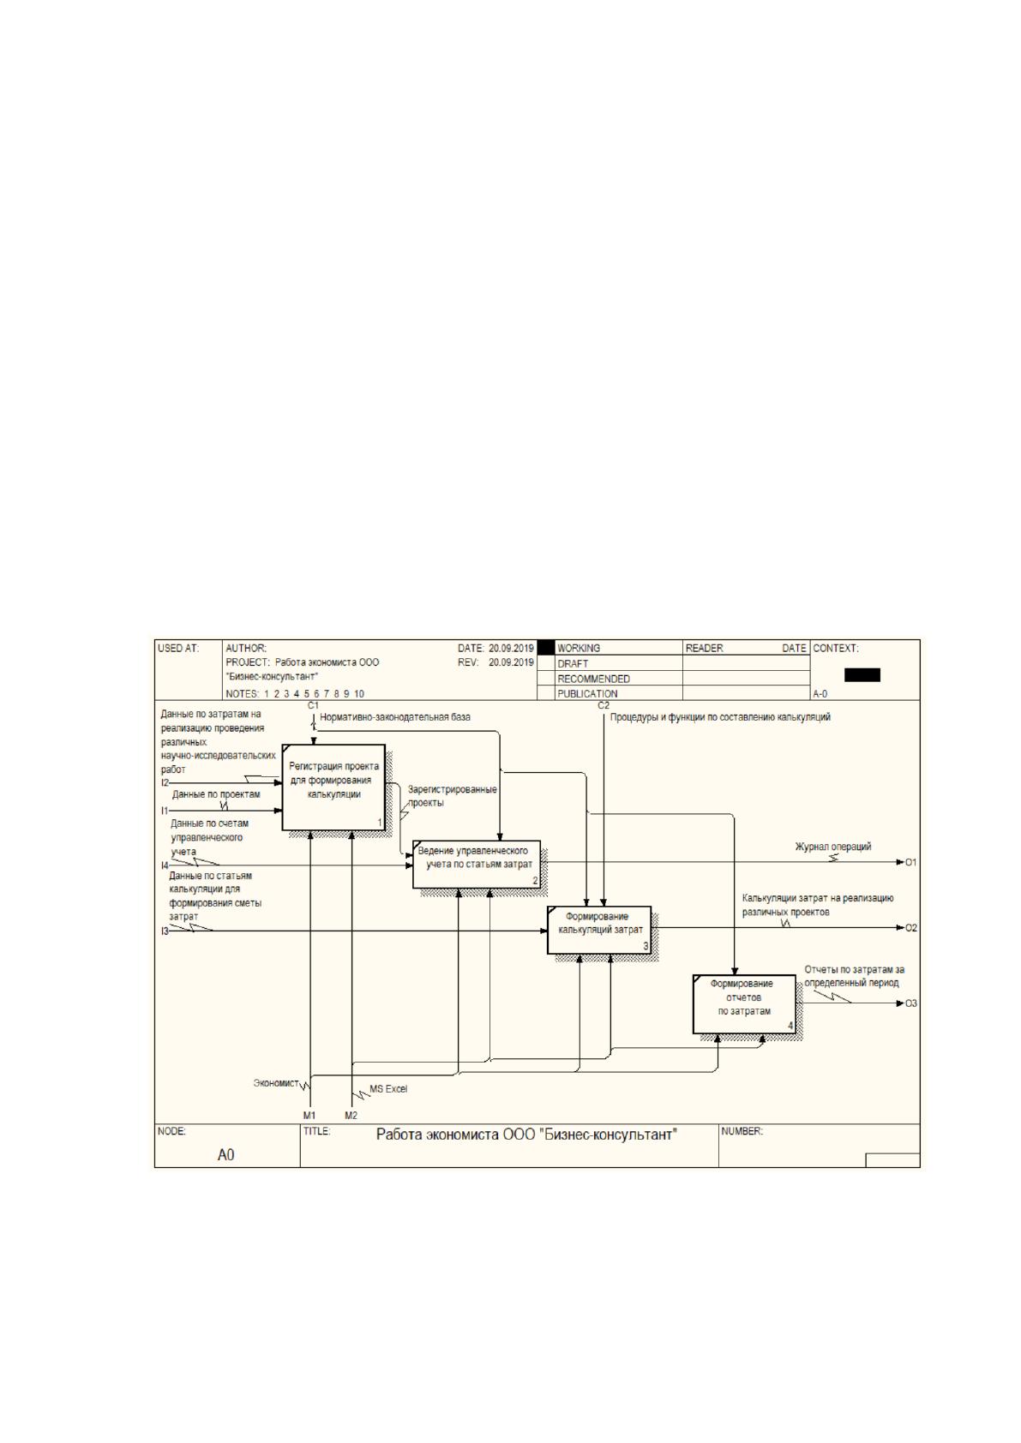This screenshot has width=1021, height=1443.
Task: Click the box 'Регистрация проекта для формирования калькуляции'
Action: click(333, 787)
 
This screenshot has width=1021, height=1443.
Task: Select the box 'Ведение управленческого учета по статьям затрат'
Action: click(477, 864)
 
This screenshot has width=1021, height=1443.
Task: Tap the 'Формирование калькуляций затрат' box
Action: click(599, 931)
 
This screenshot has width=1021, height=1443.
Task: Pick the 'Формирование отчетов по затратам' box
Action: click(744, 1004)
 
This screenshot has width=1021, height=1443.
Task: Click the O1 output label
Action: click(910, 862)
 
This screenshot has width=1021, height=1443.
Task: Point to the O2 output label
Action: click(910, 928)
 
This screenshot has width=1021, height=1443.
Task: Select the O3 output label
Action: click(910, 1003)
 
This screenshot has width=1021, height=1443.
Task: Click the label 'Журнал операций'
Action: click(832, 847)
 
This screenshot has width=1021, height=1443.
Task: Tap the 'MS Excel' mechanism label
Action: click(388, 1089)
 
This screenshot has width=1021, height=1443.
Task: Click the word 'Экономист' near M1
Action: click(276, 1083)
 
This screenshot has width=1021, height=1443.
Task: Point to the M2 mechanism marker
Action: click(351, 1115)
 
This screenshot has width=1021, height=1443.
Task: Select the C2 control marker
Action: click(604, 705)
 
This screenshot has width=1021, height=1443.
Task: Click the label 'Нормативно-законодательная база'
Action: click(395, 716)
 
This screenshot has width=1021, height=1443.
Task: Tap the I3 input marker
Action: click(165, 931)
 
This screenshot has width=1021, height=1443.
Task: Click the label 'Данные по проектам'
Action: click(216, 794)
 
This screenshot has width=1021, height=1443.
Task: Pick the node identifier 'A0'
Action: click(225, 1155)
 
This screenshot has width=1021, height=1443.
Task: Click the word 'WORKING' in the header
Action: click(578, 648)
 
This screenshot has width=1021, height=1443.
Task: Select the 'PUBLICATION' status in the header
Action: click(587, 694)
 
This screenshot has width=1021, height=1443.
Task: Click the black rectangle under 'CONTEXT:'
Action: click(862, 674)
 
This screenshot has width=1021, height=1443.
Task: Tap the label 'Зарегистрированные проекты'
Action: click(452, 795)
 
